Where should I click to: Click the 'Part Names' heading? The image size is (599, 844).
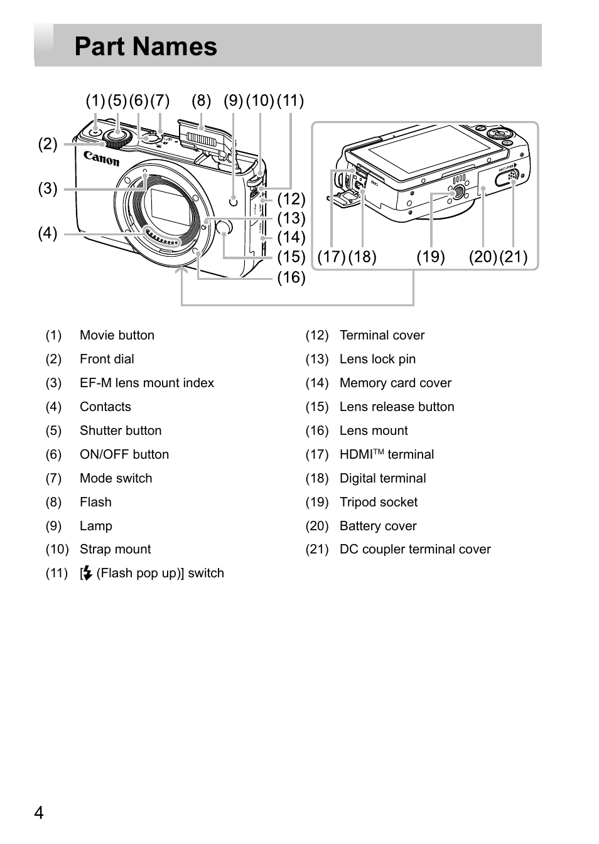point(146,46)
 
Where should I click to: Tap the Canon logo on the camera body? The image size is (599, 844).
point(101,158)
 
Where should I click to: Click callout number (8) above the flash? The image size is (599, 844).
point(201,100)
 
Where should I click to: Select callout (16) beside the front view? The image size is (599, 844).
point(291,278)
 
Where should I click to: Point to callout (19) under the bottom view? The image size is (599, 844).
point(431,257)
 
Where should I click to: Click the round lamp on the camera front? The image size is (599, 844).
point(234,201)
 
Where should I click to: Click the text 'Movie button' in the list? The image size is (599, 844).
point(117,335)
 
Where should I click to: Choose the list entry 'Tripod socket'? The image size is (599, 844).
point(379,502)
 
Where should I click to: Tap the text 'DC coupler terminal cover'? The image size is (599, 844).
point(415,550)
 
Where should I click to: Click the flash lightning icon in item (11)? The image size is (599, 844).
point(87,573)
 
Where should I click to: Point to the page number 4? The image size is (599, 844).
point(39,813)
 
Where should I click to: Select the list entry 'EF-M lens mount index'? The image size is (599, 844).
point(147,383)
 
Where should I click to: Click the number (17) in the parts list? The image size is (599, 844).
point(317,455)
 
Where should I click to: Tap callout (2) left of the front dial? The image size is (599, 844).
point(48,144)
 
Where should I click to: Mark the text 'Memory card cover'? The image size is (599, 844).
point(396,383)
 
